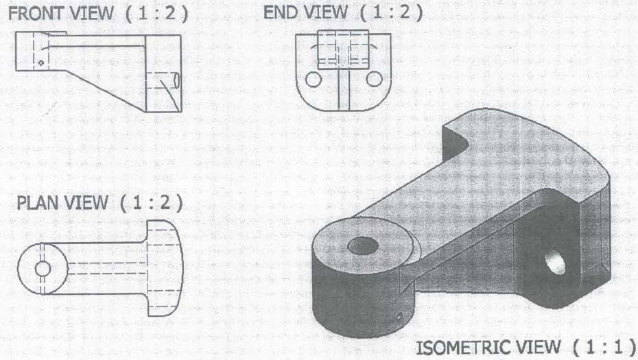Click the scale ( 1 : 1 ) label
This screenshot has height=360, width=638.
[604, 348]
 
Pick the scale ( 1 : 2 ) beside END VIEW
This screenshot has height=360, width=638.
[391, 12]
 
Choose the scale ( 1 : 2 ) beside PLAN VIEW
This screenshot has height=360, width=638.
[152, 202]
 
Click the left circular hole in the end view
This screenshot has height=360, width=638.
[314, 80]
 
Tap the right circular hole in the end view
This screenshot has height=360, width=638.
[374, 80]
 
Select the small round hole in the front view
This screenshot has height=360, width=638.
[40, 63]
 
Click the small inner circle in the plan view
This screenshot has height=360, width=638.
[43, 269]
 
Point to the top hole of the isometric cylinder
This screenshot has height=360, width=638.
[363, 246]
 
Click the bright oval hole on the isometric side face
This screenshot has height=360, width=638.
[555, 263]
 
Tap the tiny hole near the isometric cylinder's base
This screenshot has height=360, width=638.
[399, 316]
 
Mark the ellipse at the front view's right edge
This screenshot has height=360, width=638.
[176, 80]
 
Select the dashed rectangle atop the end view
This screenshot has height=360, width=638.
[343, 49]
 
